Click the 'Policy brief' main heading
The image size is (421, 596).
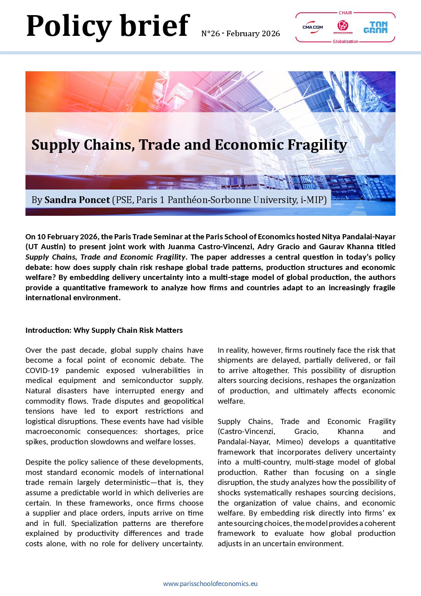coord(107,26)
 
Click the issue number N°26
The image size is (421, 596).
coord(210,34)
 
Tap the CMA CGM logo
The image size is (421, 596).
coord(312,27)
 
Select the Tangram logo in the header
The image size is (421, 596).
coord(375,27)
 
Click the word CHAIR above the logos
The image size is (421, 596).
coord(345,13)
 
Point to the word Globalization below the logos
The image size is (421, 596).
coord(345,41)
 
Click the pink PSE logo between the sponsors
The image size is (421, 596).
coord(342,27)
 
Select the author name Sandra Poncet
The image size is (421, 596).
coord(77,200)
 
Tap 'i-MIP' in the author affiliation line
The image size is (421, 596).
coord(313,200)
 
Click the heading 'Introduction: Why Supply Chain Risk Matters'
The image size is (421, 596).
coord(104,330)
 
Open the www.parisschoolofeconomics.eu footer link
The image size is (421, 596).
coord(210,584)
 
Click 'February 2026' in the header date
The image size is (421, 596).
coord(253,34)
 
